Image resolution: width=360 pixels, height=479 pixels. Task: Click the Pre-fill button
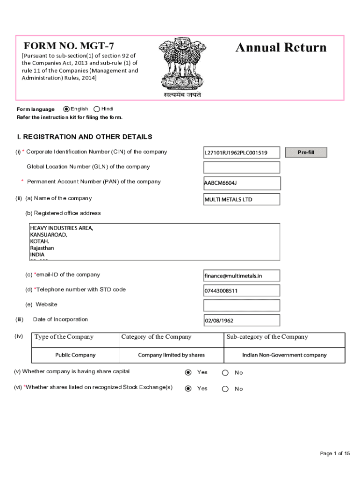[x=306, y=152]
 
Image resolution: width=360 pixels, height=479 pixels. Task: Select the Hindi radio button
[x=97, y=109]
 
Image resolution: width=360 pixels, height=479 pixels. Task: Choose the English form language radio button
[x=66, y=109]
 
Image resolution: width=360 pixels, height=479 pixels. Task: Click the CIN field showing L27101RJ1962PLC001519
[x=241, y=152]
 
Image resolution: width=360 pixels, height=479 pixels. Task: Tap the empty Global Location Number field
[x=241, y=167]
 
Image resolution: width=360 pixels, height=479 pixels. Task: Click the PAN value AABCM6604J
[x=241, y=183]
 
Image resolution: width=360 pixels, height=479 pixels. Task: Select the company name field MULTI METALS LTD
[x=241, y=199]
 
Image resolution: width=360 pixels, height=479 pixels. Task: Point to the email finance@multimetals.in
[x=241, y=276]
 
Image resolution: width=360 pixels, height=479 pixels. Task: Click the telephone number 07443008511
[x=241, y=290]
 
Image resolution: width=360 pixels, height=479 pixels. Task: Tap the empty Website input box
[x=241, y=305]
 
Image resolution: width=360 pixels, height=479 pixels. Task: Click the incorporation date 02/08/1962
[x=241, y=320]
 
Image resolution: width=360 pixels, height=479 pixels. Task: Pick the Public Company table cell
[x=75, y=355]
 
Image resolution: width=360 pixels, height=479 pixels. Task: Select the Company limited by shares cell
[x=171, y=355]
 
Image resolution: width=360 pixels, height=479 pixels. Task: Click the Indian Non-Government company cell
[x=284, y=355]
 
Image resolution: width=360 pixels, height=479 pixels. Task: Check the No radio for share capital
[x=225, y=373]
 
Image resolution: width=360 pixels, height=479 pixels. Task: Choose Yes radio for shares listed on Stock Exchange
[x=188, y=389]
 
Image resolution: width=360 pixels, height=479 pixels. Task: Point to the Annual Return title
[x=281, y=48]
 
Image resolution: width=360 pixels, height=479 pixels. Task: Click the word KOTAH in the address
[x=40, y=241]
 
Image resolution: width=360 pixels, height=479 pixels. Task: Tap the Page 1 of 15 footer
[x=335, y=453]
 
